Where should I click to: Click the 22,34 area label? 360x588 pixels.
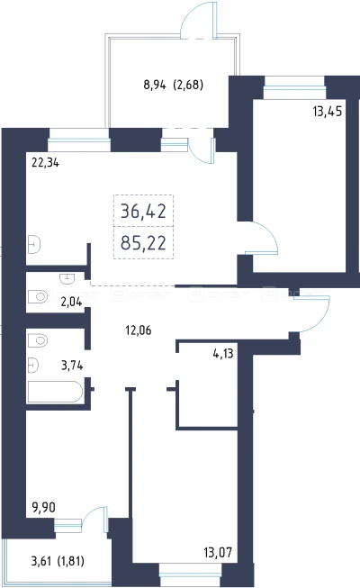click(45, 163)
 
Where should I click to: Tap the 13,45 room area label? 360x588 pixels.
click(328, 112)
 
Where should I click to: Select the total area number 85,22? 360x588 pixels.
click(143, 243)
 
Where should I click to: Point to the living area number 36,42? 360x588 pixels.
click(143, 212)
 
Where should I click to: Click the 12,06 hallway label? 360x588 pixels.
click(139, 330)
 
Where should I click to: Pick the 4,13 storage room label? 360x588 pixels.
click(223, 353)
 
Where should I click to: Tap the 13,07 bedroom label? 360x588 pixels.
click(218, 552)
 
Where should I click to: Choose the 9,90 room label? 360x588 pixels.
click(44, 507)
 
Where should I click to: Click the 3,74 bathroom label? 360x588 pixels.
click(72, 366)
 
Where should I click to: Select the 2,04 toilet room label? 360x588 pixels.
click(71, 302)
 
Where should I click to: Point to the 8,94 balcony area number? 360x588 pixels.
click(155, 86)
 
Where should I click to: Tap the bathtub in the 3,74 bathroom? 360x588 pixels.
click(55, 393)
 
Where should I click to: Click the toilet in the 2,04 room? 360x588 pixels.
click(38, 296)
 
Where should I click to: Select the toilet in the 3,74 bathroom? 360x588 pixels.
click(38, 341)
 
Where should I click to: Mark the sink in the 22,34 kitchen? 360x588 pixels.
click(34, 245)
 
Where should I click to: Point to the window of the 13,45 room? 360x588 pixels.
click(294, 88)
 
